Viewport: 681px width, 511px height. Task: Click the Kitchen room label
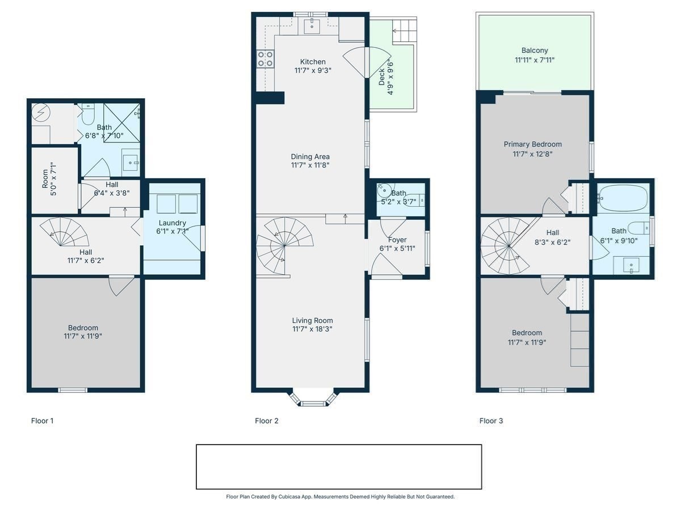[313, 62]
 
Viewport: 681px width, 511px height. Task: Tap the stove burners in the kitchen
[265, 58]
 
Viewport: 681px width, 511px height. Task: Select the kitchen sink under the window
[312, 25]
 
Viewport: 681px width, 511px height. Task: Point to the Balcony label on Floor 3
[535, 51]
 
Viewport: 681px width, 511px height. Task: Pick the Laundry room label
[173, 223]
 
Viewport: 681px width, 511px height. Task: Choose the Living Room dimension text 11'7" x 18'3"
[313, 329]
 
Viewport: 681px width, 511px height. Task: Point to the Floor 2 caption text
[267, 421]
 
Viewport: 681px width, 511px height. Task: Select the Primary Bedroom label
[532, 144]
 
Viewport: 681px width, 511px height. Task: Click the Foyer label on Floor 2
[397, 240]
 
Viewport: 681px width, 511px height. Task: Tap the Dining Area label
[310, 157]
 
